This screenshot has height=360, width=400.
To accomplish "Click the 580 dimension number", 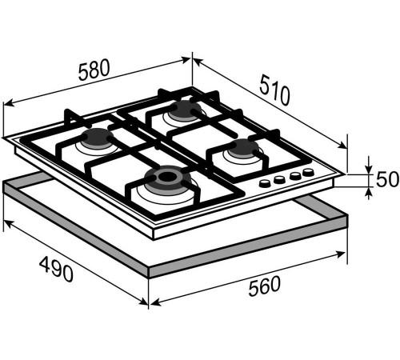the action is click(94, 70).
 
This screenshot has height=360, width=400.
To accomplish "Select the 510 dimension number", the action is click(275, 90).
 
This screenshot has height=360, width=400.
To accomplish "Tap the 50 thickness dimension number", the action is click(387, 179).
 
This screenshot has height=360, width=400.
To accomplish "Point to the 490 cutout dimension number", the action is click(56, 269).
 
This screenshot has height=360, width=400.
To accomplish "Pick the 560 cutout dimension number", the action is click(264, 286).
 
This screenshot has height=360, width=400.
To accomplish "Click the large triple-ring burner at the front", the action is click(168, 178).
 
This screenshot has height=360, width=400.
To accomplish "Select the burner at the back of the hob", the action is click(185, 110).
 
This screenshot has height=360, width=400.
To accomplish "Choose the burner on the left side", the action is click(98, 138).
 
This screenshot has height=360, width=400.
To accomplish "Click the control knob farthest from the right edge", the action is click(265, 183).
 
